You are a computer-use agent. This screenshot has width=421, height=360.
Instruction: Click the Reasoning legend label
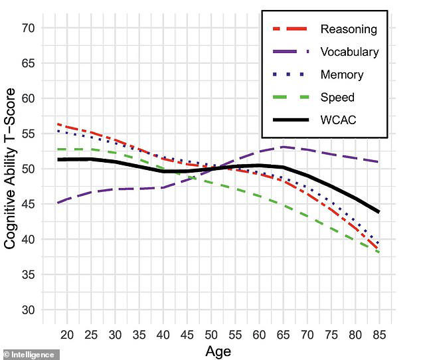tap(348, 29)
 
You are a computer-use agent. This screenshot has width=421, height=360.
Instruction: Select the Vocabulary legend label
tap(349, 52)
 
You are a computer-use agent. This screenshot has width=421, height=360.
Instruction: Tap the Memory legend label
tap(342, 74)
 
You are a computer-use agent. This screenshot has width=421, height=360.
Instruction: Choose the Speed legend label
tap(337, 98)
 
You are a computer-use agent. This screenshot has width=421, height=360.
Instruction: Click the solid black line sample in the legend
tap(290, 120)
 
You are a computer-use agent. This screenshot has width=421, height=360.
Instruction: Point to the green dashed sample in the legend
tap(290, 98)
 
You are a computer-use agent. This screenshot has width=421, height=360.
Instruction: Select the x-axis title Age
tap(218, 350)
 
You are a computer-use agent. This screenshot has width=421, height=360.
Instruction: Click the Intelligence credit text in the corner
tap(30, 354)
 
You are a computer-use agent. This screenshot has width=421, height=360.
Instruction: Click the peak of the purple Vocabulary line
tap(284, 147)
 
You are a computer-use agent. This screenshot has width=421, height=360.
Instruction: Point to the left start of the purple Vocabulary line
tap(59, 203)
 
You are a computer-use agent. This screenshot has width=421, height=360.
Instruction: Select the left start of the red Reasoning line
tap(59, 124)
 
